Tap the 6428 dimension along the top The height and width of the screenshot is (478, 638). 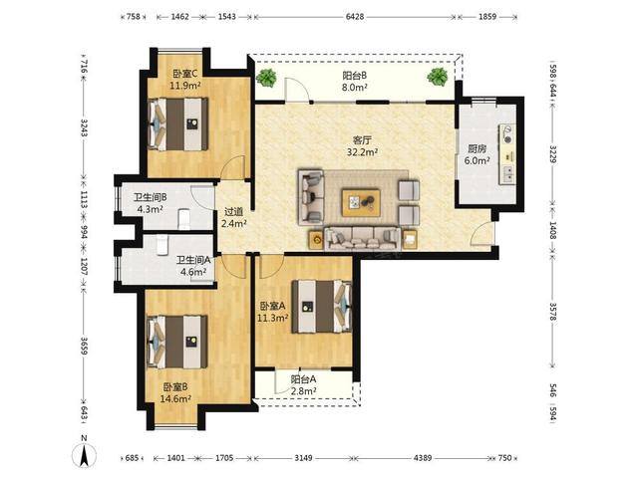tap(355, 17)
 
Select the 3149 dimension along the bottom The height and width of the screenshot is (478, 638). tap(303, 458)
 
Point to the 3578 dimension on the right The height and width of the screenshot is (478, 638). tap(553, 312)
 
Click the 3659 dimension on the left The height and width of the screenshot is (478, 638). tap(84, 346)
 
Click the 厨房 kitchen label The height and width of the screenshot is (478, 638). tap(477, 148)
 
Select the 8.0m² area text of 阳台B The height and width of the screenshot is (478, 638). tap(355, 87)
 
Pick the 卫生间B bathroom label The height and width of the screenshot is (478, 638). tap(151, 197)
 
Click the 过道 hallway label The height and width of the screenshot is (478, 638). tap(234, 212)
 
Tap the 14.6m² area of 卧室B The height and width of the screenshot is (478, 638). tap(175, 398)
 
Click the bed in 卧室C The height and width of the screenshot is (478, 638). tap(177, 123)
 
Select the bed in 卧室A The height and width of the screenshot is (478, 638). tap(321, 306)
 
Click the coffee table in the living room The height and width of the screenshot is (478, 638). tap(361, 202)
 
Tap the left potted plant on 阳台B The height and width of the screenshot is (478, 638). tap(266, 78)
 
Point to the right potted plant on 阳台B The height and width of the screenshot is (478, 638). tap(438, 77)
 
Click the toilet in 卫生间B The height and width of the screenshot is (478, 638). tap(184, 219)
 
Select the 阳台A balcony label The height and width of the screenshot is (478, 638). tap(303, 379)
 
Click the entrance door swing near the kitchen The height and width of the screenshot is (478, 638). tap(482, 234)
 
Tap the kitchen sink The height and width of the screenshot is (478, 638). tap(507, 174)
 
